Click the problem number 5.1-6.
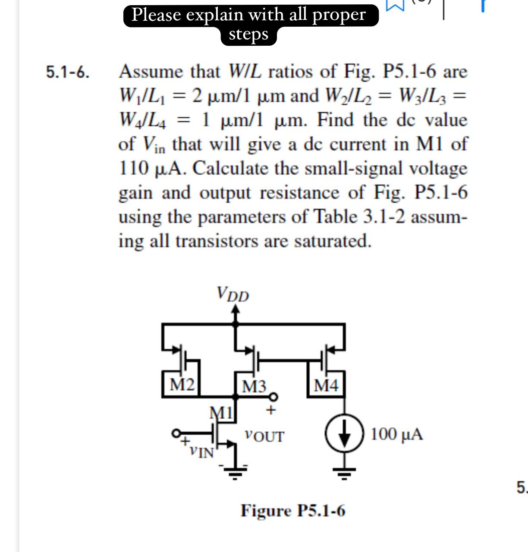coord(68,72)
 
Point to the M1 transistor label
coord(221,412)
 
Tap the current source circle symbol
coord(344,434)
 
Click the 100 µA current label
coord(396,434)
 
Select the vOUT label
coord(264,436)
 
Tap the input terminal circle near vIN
coord(176,433)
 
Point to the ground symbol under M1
coord(235,474)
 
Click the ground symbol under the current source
coord(344,474)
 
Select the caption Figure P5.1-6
coord(293,511)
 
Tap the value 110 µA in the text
coord(152,168)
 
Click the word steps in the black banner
coord(248,34)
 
